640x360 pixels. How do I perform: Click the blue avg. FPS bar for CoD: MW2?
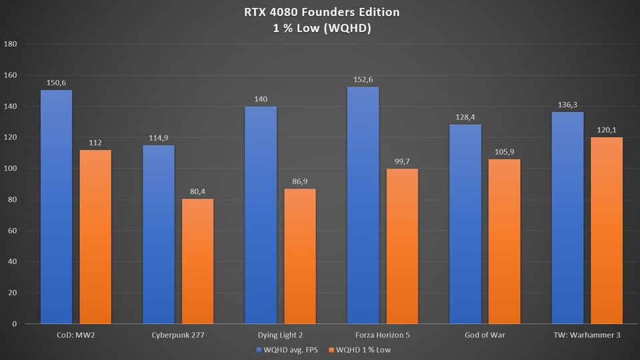(x=56, y=207)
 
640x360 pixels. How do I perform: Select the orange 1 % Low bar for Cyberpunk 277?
(x=197, y=261)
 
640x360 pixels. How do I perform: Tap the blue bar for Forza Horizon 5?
(x=363, y=205)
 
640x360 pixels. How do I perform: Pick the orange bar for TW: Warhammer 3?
(x=606, y=230)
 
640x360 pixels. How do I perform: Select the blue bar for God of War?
(x=465, y=223)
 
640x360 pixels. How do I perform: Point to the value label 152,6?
(x=363, y=80)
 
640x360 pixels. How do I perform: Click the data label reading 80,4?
(x=197, y=192)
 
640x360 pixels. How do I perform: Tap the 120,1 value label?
(x=606, y=130)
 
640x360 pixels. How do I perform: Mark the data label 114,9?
(x=159, y=138)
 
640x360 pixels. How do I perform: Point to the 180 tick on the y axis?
(x=10, y=44)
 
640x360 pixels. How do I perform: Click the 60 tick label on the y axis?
(x=12, y=231)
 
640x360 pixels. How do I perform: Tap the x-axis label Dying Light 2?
(x=281, y=335)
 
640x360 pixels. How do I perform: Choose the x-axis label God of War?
(x=485, y=335)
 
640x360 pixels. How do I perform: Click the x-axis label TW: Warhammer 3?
(x=587, y=335)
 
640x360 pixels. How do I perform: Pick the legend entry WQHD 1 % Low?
(x=368, y=349)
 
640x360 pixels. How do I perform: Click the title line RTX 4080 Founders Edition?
(x=321, y=11)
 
